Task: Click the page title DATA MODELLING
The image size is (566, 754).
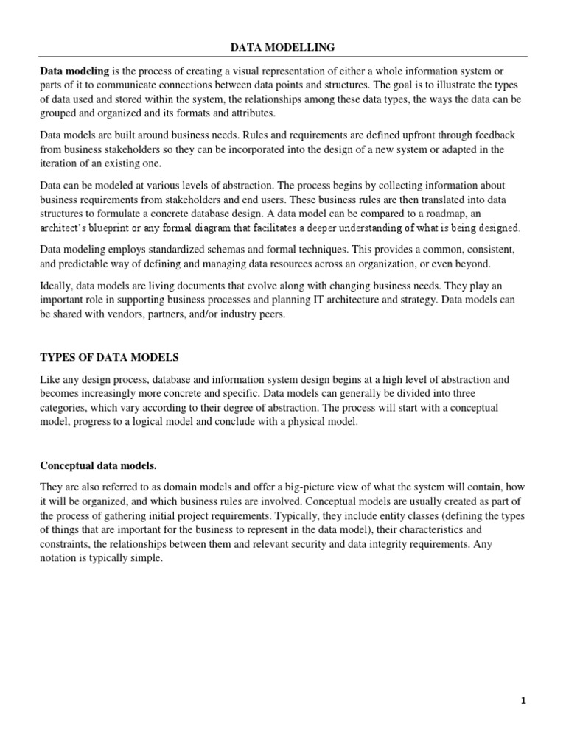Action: [283, 47]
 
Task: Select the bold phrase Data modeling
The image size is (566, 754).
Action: [74, 71]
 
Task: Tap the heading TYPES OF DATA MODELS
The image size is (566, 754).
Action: [109, 357]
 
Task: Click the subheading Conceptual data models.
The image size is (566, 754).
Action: [98, 466]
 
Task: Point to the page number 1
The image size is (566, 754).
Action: [524, 702]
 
